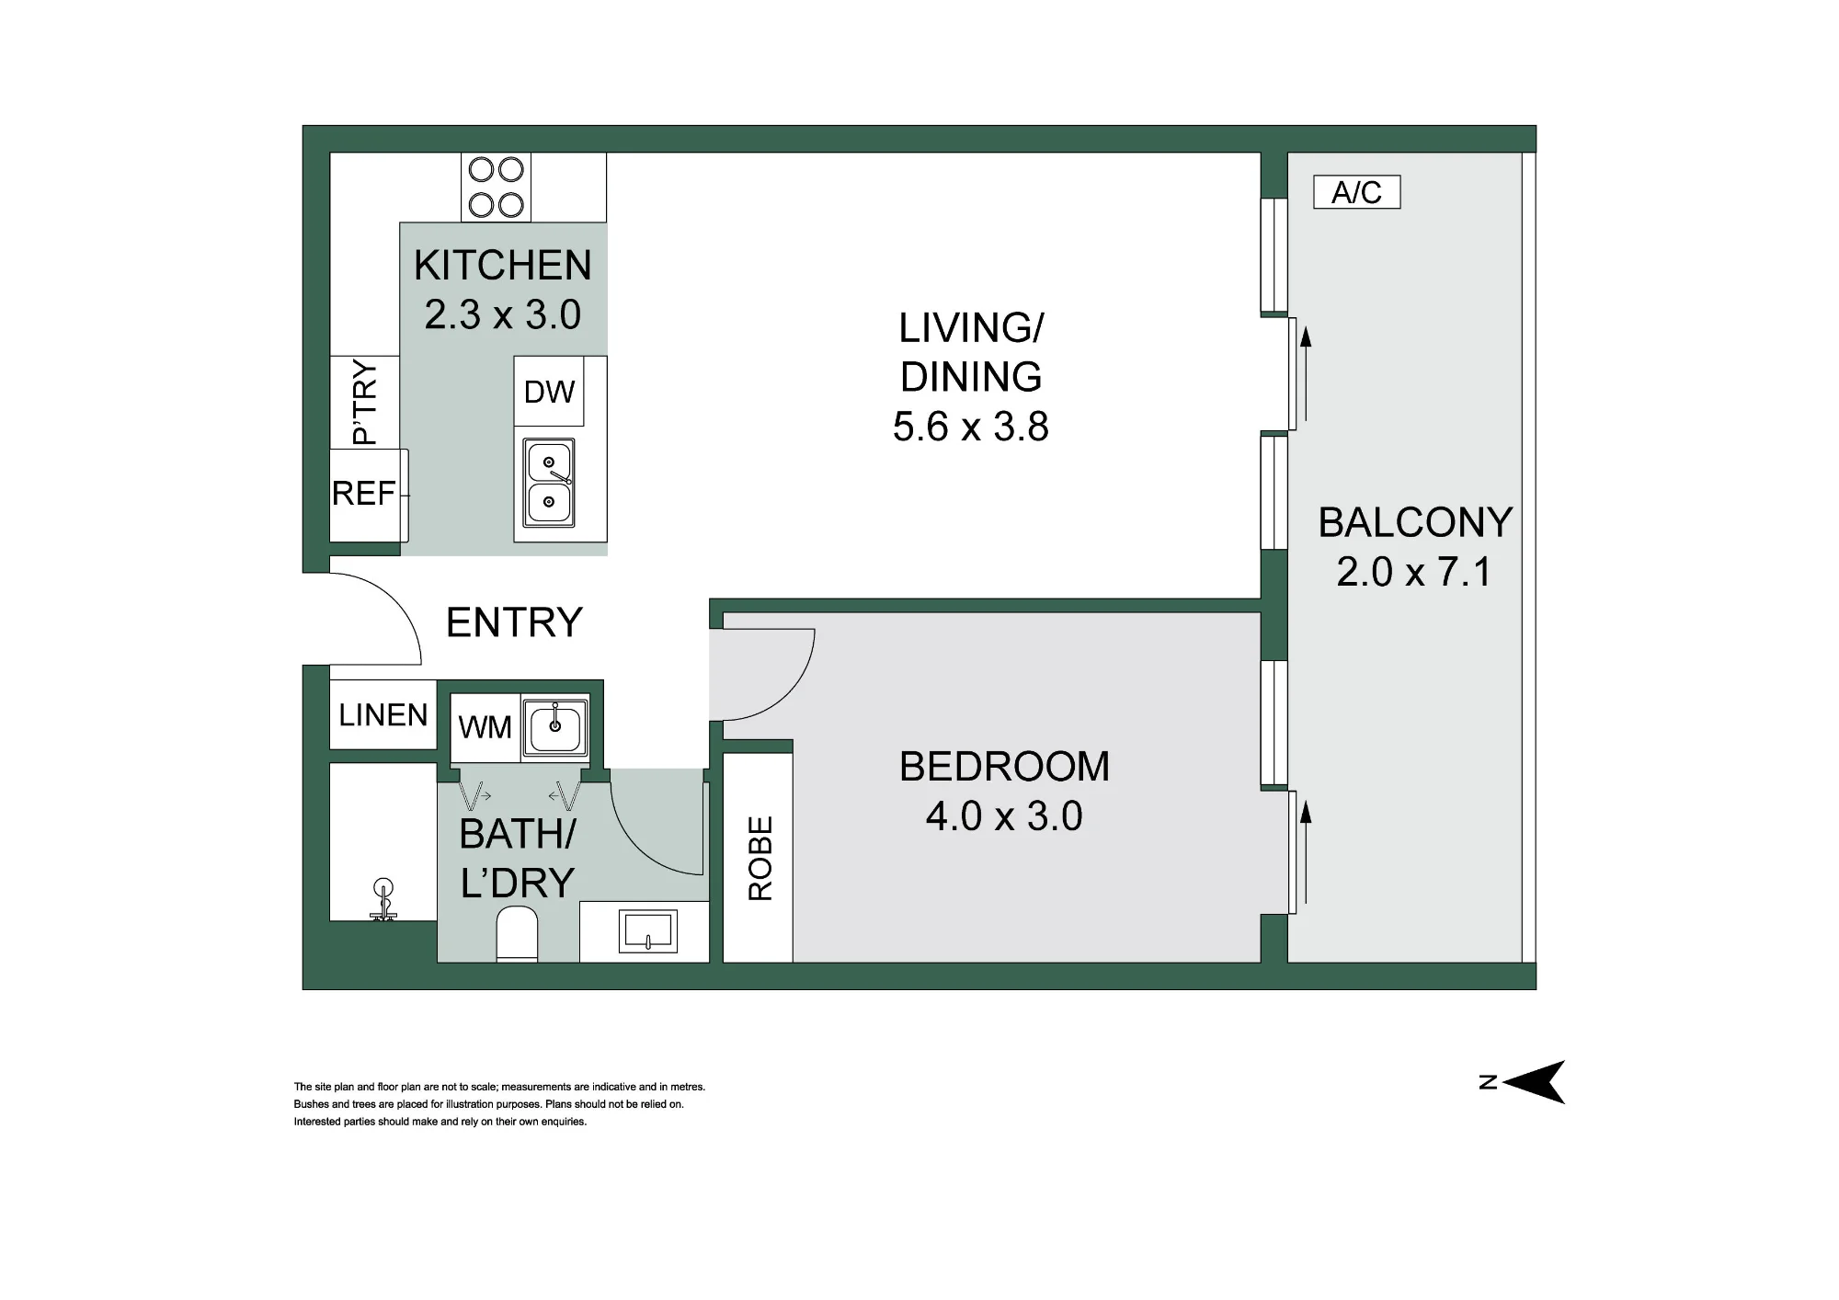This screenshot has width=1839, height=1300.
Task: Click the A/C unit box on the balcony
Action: [1356, 192]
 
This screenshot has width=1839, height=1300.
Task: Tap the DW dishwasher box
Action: [549, 392]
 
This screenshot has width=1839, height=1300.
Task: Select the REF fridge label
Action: [363, 494]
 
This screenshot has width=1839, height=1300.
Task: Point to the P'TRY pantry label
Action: [365, 403]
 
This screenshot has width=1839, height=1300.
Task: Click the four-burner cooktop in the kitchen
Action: [497, 187]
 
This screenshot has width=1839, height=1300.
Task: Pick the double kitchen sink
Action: [549, 483]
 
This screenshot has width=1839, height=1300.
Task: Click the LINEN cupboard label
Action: [383, 715]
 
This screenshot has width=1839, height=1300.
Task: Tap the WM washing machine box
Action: [485, 727]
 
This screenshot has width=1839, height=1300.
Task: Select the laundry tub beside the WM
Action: [555, 726]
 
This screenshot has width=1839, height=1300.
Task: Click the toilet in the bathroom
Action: [517, 934]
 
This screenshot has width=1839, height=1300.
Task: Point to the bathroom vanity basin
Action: [650, 930]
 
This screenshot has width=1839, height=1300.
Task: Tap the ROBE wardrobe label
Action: [760, 859]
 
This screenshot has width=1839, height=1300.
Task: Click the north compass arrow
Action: [1534, 1082]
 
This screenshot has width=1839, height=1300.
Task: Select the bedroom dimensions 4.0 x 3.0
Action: [1004, 816]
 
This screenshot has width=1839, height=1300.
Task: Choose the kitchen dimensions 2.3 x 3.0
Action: [502, 314]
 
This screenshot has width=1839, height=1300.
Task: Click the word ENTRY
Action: [514, 622]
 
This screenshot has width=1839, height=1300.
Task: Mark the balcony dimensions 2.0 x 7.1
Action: [1414, 572]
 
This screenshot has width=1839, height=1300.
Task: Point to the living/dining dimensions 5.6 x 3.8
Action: [971, 427]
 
